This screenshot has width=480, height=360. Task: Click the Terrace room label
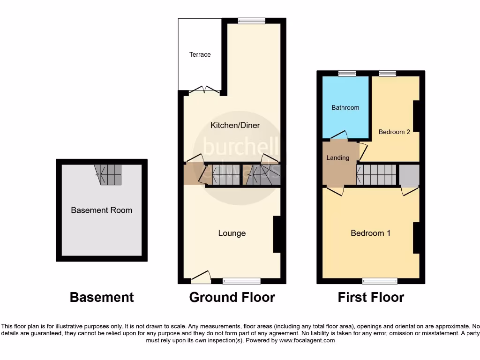(x=200, y=54)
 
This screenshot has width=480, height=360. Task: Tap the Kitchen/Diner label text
(x=235, y=125)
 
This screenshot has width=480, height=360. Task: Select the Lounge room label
(x=232, y=233)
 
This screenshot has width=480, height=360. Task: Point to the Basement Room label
(x=101, y=210)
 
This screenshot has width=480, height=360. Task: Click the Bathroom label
(x=345, y=107)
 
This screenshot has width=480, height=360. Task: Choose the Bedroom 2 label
(x=394, y=132)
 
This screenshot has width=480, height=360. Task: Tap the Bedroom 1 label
(x=370, y=233)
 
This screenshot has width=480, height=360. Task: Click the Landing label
(x=337, y=157)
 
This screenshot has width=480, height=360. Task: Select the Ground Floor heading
(x=232, y=297)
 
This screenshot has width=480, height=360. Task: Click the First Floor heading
(x=371, y=297)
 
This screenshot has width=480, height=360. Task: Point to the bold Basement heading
(x=102, y=297)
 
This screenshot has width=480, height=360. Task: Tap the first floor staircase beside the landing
(x=376, y=174)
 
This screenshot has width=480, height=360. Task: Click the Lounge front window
(x=241, y=281)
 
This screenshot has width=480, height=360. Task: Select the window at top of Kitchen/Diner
(x=251, y=21)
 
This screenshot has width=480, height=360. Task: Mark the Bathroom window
(x=347, y=73)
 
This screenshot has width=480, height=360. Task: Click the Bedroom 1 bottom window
(x=380, y=281)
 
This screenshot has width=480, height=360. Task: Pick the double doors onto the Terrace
(x=204, y=91)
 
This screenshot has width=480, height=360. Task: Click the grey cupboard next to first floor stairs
(x=409, y=174)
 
